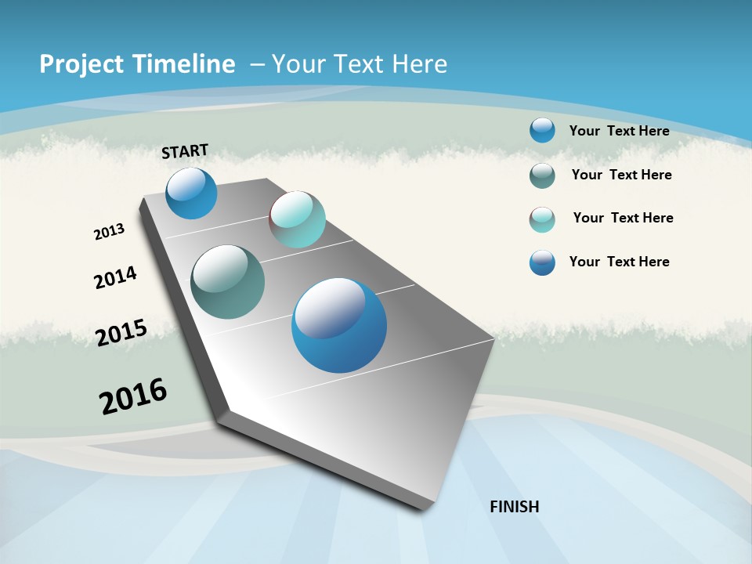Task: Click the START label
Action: (185, 150)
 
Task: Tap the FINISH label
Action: (515, 506)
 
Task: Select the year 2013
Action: (109, 232)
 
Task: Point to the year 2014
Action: (115, 277)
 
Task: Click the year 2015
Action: (121, 332)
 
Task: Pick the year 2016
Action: (133, 396)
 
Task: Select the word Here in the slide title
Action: (420, 64)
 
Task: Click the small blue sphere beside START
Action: (191, 193)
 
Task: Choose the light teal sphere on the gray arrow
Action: (297, 219)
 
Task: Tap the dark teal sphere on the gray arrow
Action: (227, 281)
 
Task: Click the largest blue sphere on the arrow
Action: (339, 325)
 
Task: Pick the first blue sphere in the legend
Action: (542, 130)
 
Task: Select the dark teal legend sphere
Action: (542, 175)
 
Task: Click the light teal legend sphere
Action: (542, 219)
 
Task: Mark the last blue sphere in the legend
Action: (542, 262)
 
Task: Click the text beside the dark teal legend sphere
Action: (621, 175)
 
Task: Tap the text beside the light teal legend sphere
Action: (623, 218)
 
